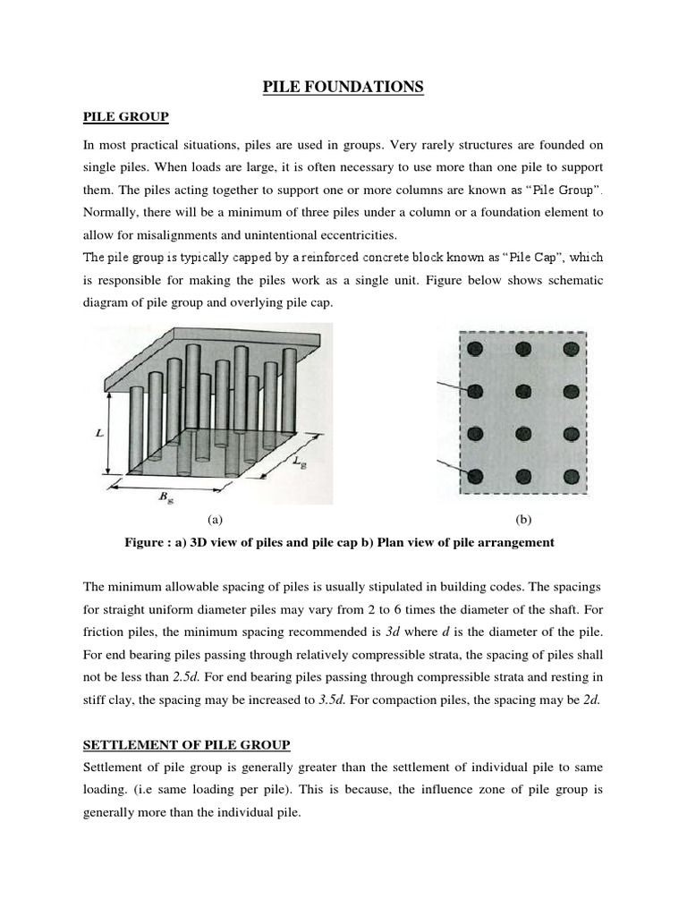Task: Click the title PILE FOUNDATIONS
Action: click(343, 87)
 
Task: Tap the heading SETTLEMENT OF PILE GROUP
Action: click(186, 744)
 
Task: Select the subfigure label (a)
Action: click(214, 519)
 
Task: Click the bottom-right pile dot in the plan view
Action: click(569, 475)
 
